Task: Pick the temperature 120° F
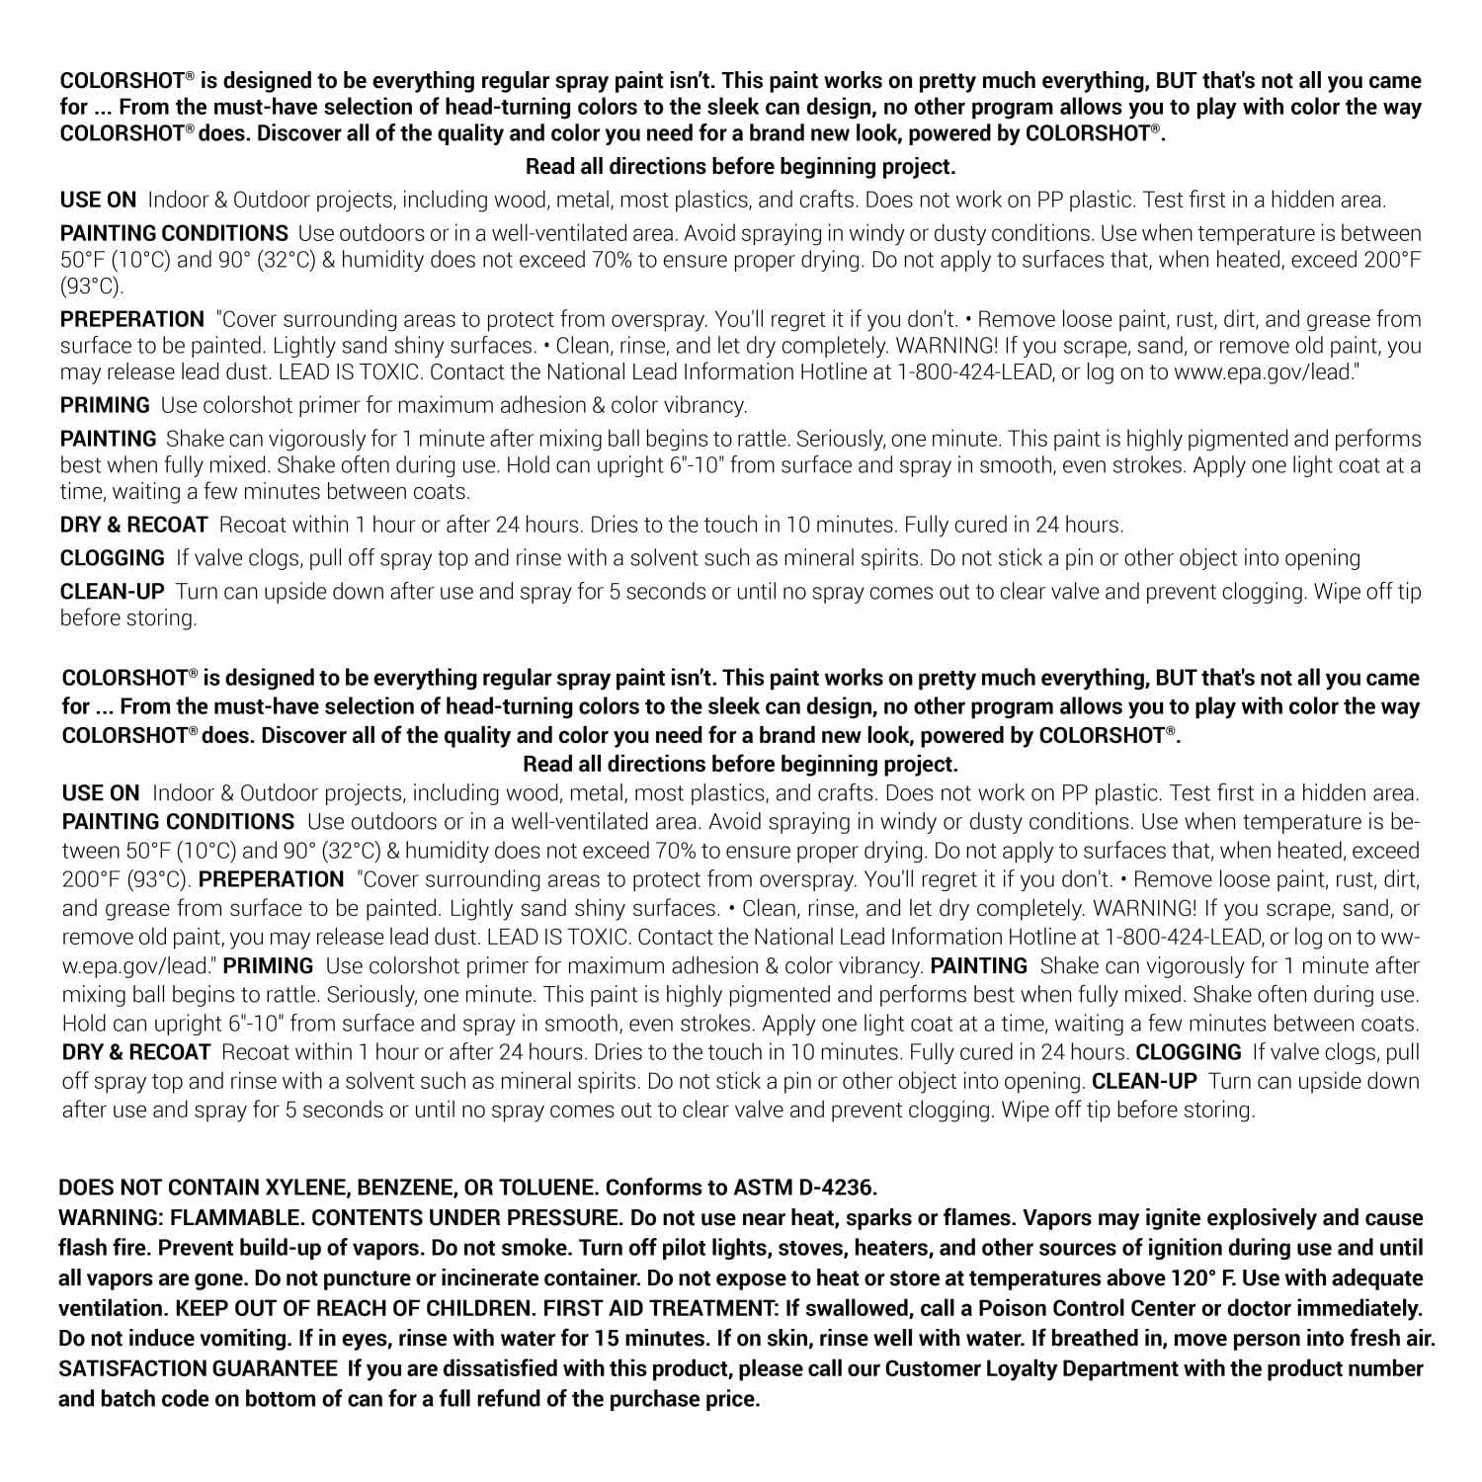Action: coord(1194,1278)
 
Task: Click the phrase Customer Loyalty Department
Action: coord(1031,1369)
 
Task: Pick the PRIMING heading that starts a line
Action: coord(105,405)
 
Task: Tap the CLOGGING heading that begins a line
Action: coord(113,558)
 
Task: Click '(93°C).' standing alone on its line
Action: coord(92,287)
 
